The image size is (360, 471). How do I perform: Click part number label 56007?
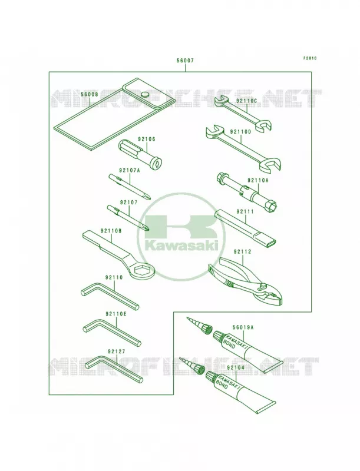point(185,61)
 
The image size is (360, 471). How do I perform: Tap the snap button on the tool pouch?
point(145,95)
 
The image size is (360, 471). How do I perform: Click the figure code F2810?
point(309,58)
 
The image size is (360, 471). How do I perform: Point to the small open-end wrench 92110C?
point(243,113)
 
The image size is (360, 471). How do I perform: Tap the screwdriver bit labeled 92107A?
point(130,186)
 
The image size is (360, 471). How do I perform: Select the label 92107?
point(128,203)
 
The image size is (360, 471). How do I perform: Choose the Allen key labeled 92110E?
point(112,333)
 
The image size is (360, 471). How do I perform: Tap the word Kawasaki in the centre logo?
point(181,246)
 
